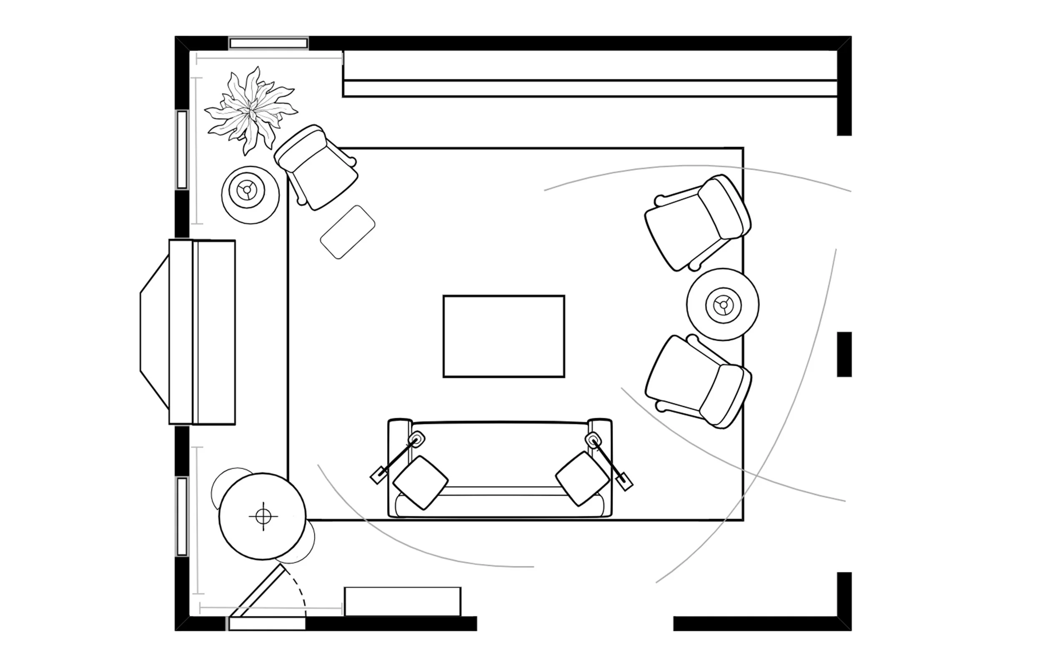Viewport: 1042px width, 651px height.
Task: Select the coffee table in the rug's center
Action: [x=503, y=336]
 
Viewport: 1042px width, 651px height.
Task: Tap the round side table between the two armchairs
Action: [x=723, y=305]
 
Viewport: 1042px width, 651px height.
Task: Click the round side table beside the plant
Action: [x=250, y=195]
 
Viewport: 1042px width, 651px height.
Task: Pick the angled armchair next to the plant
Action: [x=317, y=167]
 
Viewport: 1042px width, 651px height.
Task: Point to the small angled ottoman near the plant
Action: [x=348, y=232]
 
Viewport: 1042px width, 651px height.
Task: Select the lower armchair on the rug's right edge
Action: [x=698, y=382]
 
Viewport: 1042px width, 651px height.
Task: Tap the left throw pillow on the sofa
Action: [x=421, y=482]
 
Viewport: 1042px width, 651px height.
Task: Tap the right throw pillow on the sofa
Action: [x=582, y=478]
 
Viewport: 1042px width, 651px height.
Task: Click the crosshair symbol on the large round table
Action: [x=263, y=516]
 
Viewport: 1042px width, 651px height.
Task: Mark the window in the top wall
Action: [x=268, y=43]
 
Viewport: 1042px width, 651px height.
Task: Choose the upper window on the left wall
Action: [x=182, y=150]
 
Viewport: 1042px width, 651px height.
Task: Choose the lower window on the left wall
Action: [x=182, y=516]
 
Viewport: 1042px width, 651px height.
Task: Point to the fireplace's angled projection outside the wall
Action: [x=154, y=332]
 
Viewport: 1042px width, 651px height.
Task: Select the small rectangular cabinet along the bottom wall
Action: [x=402, y=601]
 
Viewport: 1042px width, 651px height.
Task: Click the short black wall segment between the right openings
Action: [x=844, y=354]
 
